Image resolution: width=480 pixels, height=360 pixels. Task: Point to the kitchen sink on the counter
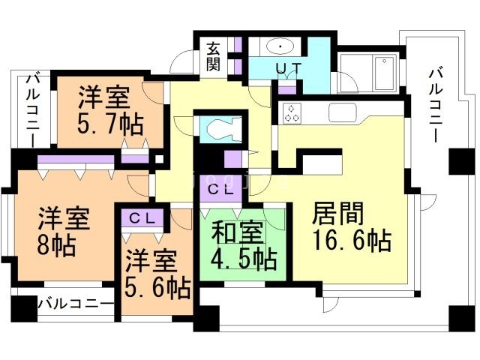[x=344, y=112]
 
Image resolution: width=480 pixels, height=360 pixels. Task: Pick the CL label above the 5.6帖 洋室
[x=141, y=218]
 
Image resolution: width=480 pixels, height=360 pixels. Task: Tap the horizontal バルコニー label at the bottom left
[x=76, y=305]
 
